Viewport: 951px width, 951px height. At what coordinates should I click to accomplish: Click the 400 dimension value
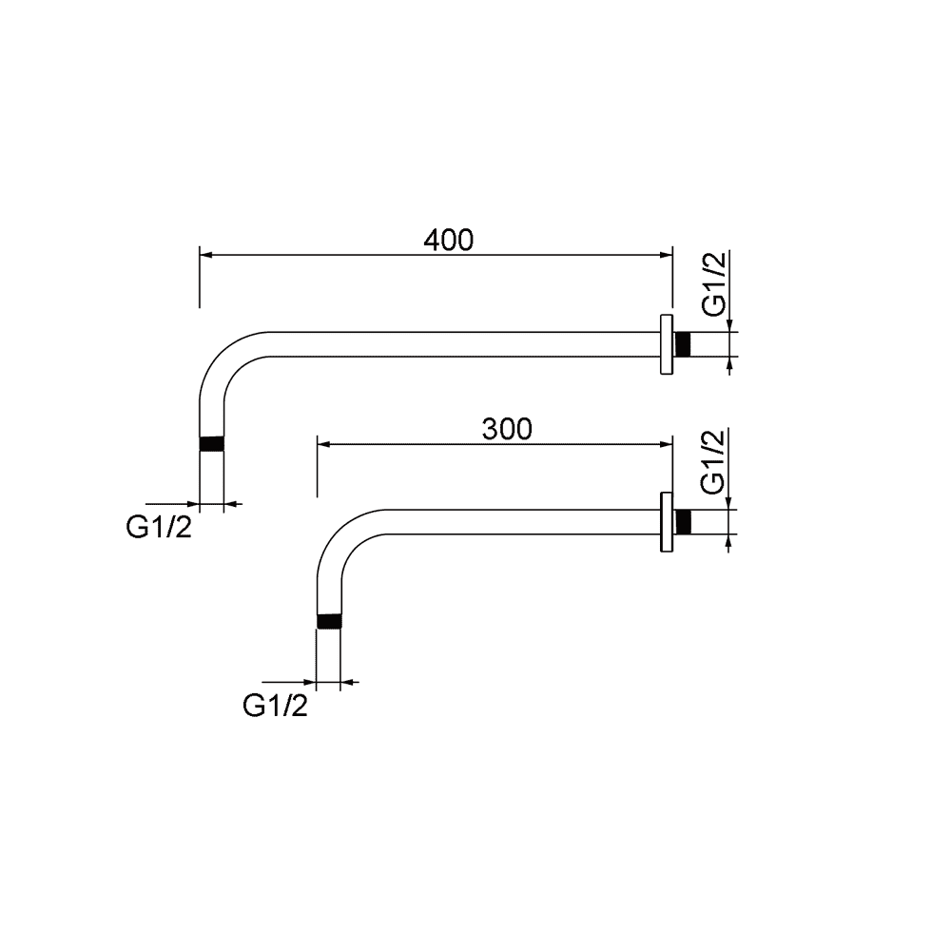(448, 241)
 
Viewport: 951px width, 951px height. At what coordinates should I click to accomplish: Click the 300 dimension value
(507, 430)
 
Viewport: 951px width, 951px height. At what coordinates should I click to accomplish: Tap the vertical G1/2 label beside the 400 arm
(714, 283)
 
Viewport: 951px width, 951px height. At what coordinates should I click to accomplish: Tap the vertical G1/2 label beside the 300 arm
(713, 461)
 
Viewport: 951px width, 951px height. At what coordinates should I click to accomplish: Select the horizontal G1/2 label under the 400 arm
(159, 527)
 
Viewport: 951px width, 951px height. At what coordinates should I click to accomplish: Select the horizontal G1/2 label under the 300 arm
(276, 706)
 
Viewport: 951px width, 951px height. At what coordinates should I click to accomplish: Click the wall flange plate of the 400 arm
(667, 344)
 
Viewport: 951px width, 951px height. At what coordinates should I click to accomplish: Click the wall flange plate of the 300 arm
(667, 521)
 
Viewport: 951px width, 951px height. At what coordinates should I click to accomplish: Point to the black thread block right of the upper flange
(683, 344)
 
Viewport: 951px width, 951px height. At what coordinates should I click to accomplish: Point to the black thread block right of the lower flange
(683, 521)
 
